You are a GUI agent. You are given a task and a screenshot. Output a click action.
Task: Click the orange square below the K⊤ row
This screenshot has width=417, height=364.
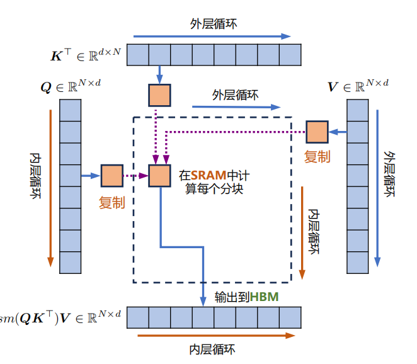click(x=159, y=95)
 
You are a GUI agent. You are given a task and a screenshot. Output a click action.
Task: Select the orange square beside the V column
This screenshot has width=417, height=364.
click(x=317, y=132)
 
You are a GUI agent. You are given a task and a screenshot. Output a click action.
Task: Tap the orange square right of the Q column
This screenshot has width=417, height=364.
click(x=112, y=176)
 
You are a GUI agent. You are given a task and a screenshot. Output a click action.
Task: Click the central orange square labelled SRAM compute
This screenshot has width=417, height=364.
click(x=159, y=176)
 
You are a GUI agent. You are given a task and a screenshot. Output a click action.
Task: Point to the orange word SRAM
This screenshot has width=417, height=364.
click(x=208, y=176)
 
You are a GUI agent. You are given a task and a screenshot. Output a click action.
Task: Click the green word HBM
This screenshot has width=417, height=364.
click(x=264, y=297)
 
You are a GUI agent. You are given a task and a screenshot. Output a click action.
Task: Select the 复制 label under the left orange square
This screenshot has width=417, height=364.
click(x=112, y=203)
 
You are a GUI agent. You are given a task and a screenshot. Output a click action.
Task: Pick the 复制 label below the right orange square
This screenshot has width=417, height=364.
click(x=317, y=157)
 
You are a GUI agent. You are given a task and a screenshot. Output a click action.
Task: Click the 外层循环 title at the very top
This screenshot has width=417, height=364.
click(x=214, y=24)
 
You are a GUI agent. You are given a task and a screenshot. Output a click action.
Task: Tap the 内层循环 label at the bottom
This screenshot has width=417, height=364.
click(x=212, y=350)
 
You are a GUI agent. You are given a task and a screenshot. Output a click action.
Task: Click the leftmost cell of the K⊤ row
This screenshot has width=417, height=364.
click(x=138, y=55)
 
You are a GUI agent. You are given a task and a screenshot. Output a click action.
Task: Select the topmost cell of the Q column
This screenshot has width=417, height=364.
click(x=70, y=110)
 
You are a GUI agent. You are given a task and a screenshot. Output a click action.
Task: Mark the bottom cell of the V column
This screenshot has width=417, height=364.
click(x=358, y=263)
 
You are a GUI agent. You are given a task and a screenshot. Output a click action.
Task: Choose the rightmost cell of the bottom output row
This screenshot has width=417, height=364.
click(x=290, y=317)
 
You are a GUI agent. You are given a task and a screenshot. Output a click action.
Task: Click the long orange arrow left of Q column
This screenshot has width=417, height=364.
click(x=50, y=188)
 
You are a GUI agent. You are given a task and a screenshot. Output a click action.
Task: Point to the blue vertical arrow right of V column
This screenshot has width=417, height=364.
click(x=377, y=188)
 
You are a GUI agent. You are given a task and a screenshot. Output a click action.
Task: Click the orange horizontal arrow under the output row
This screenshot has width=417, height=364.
click(x=216, y=336)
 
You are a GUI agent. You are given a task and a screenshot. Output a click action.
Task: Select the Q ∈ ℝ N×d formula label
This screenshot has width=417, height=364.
click(x=71, y=86)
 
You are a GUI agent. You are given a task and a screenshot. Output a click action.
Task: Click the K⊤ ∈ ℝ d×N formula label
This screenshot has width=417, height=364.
click(x=86, y=55)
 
